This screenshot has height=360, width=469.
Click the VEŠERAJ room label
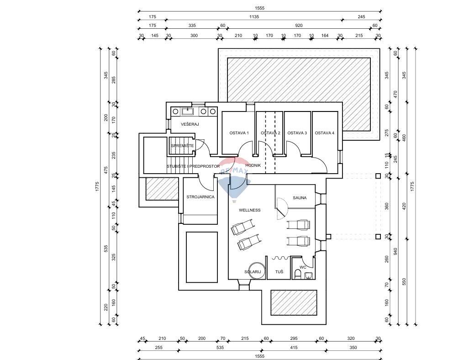coord(190,124)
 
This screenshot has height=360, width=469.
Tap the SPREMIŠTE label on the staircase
coord(182,145)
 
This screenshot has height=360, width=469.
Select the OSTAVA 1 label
coord(239,133)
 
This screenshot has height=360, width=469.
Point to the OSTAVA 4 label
coord(325,133)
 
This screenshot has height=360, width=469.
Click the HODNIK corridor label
coord(253,165)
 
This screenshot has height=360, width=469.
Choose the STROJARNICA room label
coord(200,197)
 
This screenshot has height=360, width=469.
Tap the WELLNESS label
coord(250,210)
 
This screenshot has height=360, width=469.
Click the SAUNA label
coord(300,198)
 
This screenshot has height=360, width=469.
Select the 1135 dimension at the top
coord(254,16)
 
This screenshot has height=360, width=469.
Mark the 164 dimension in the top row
coord(325,35)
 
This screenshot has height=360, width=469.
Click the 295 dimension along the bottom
coord(294,339)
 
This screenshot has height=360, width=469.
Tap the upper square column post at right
coord(378,176)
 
